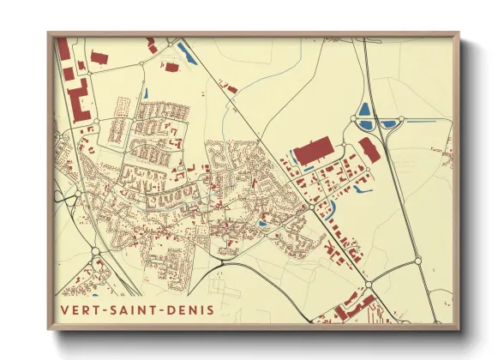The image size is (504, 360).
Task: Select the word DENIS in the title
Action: pos(189,309)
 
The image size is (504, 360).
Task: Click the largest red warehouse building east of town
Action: pos(316,150)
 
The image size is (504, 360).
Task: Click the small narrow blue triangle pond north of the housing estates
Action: pos(146,92)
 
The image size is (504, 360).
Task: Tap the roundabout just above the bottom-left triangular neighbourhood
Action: pos(95,251)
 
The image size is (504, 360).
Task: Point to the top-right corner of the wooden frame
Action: pos(458,34)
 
